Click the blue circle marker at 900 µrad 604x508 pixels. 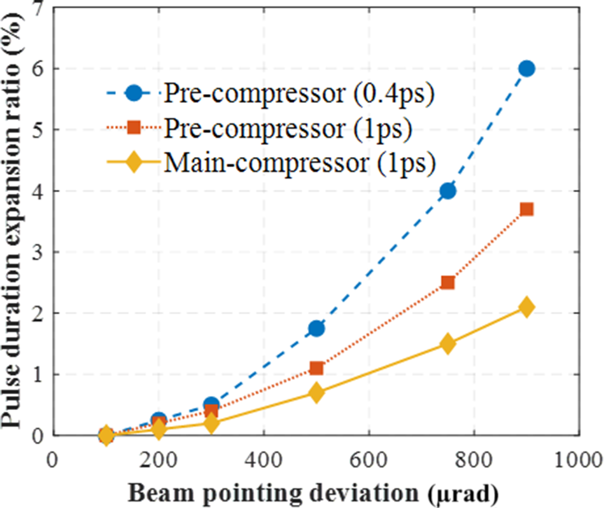pyautogui.click(x=526, y=69)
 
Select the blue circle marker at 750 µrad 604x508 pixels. pyautogui.click(x=447, y=191)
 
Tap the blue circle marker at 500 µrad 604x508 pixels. pyautogui.click(x=316, y=329)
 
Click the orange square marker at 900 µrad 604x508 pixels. pyautogui.click(x=526, y=209)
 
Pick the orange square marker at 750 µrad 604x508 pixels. pyautogui.click(x=447, y=282)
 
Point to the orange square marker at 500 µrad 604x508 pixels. pyautogui.click(x=316, y=368)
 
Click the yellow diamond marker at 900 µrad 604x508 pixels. pyautogui.click(x=526, y=307)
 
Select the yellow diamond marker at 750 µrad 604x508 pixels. pyautogui.click(x=447, y=343)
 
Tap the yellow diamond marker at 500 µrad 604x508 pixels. pyautogui.click(x=316, y=393)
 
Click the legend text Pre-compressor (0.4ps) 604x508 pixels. pyautogui.click(x=299, y=93)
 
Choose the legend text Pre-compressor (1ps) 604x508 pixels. pyautogui.click(x=290, y=128)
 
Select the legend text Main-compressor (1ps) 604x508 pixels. pyautogui.click(x=300, y=162)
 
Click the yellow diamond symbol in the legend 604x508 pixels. pyautogui.click(x=134, y=163)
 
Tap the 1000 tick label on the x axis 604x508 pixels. pyautogui.click(x=578, y=458)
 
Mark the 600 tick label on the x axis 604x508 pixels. pyautogui.click(x=369, y=458)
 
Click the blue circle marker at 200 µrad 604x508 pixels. pyautogui.click(x=159, y=420)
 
